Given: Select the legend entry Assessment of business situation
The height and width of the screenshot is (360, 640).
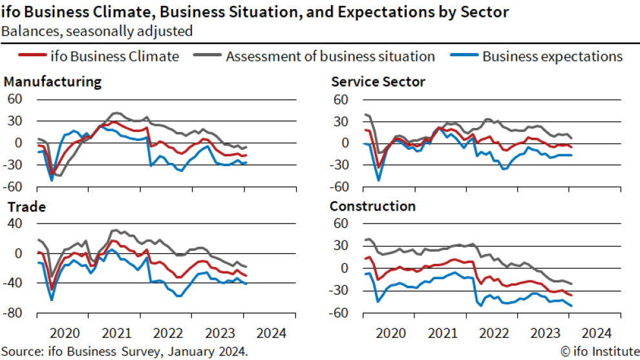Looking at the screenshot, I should tap(330, 56).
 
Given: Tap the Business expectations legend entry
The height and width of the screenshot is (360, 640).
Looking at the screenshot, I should tap(552, 56).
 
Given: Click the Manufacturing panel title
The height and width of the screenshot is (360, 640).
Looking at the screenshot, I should tap(52, 82).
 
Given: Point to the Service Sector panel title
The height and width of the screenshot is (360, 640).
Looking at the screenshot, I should tap(378, 82).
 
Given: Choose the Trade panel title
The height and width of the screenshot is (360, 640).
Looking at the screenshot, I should tap(25, 207).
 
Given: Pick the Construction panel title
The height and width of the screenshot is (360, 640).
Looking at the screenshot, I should tap(372, 207).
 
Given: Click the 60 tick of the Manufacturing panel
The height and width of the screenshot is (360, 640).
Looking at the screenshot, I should tap(14, 99).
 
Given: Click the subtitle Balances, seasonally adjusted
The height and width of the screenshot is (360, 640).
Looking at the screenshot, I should tap(97, 30).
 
